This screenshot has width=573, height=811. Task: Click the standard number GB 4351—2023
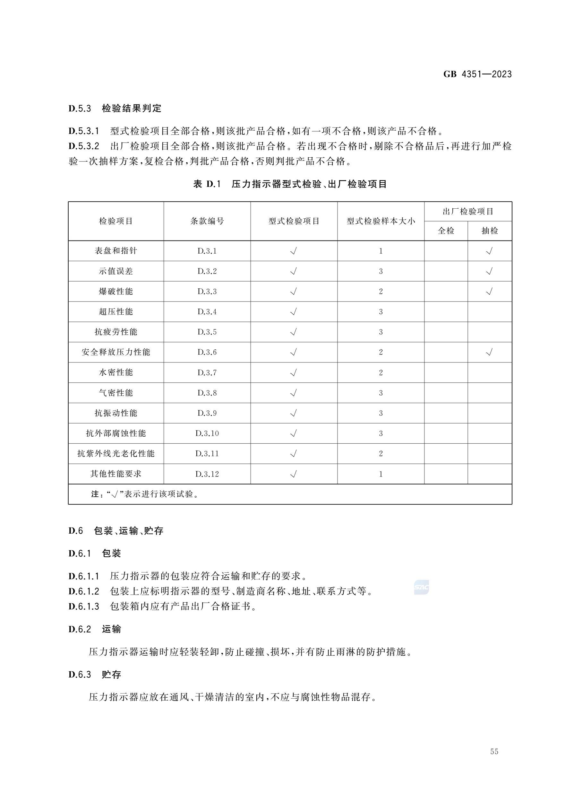[x=477, y=74]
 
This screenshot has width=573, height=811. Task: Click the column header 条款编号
[x=207, y=221]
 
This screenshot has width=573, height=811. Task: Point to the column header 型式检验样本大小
[x=380, y=221]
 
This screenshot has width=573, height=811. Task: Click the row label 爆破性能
[x=116, y=292]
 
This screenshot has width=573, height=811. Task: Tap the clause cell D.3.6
[x=207, y=352]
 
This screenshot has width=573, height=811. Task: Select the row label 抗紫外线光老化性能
[x=116, y=454]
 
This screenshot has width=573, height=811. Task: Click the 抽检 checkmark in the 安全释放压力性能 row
[x=489, y=352]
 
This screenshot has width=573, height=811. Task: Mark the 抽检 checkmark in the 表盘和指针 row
[x=489, y=251]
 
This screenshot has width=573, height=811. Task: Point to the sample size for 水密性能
[x=381, y=372]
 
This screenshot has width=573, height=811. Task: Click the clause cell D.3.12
[x=207, y=474]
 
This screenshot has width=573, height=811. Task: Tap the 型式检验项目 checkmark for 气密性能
[x=293, y=393]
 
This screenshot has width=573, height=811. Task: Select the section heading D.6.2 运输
[x=95, y=629]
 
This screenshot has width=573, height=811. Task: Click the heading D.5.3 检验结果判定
[x=115, y=108]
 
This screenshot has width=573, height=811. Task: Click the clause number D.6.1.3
[x=84, y=606]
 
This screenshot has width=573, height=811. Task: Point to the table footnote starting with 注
[x=145, y=494]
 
